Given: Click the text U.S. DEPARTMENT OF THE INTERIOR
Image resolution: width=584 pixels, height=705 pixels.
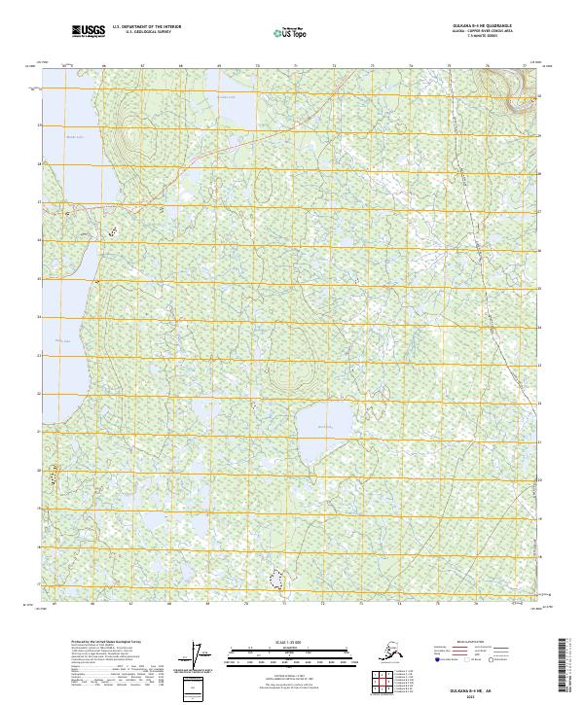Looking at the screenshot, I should click(147, 27).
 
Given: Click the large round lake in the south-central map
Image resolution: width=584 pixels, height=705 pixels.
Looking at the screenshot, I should click(324, 426).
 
